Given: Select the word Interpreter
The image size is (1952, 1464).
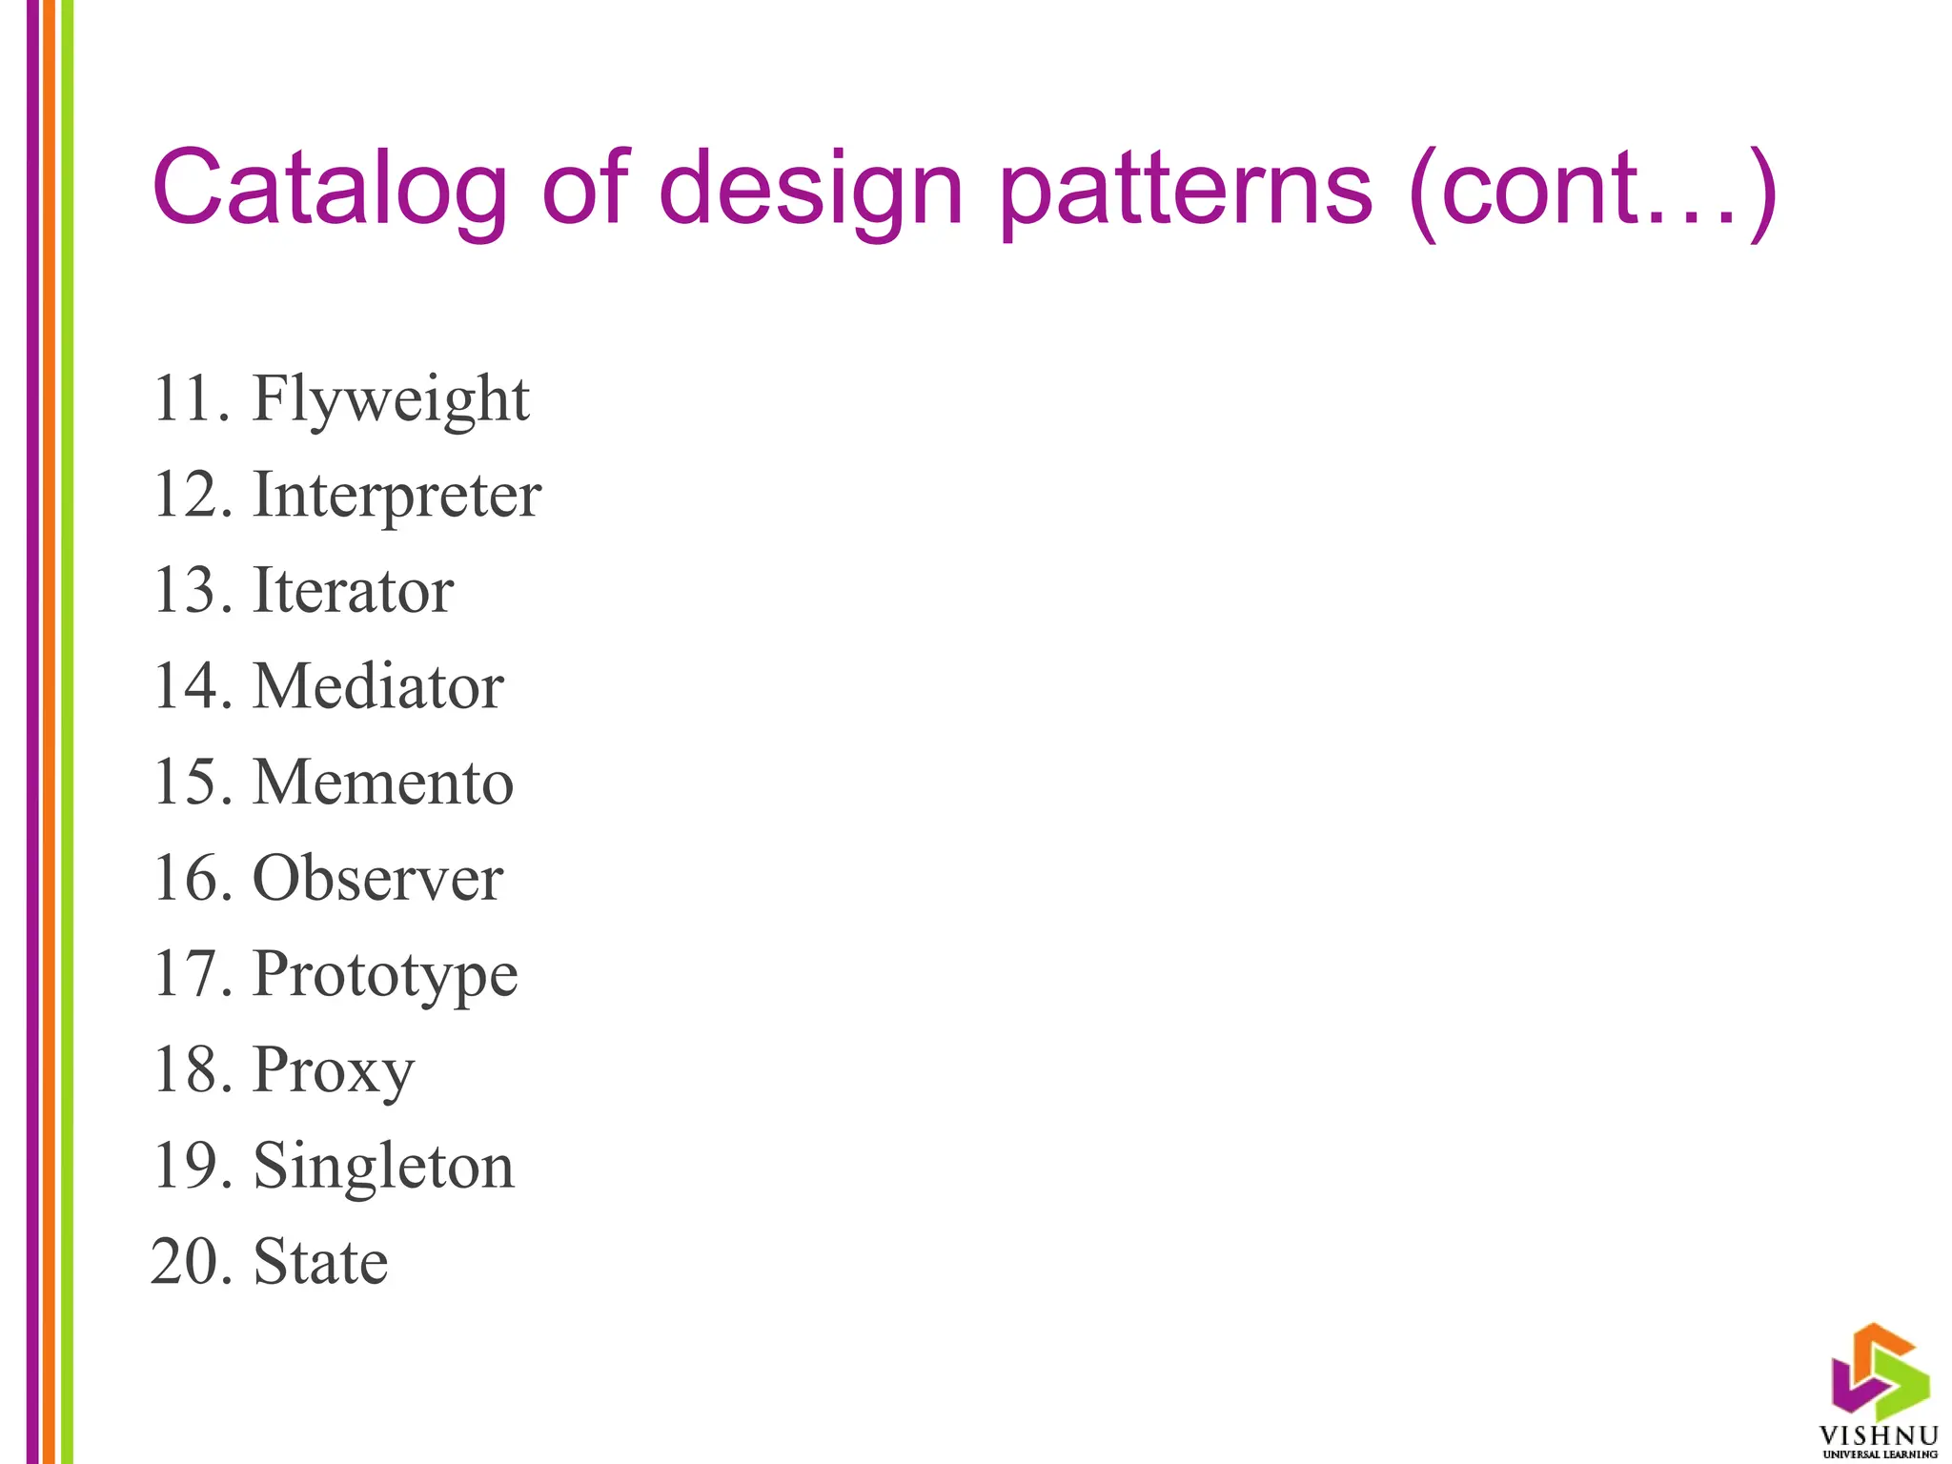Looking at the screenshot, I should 396,496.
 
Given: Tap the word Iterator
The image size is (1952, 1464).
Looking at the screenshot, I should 353,591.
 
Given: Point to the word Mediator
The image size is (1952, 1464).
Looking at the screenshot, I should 377,686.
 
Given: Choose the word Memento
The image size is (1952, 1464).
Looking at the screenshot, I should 382,783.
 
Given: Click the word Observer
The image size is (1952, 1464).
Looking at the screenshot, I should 377,878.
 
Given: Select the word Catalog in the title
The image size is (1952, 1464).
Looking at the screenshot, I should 330,189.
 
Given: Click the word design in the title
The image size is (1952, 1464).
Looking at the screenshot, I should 811,189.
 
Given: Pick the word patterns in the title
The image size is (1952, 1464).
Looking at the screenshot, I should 1185,189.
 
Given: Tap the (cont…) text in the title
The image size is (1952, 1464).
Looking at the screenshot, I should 1592,189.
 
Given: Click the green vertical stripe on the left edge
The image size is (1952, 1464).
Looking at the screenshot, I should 67,732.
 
